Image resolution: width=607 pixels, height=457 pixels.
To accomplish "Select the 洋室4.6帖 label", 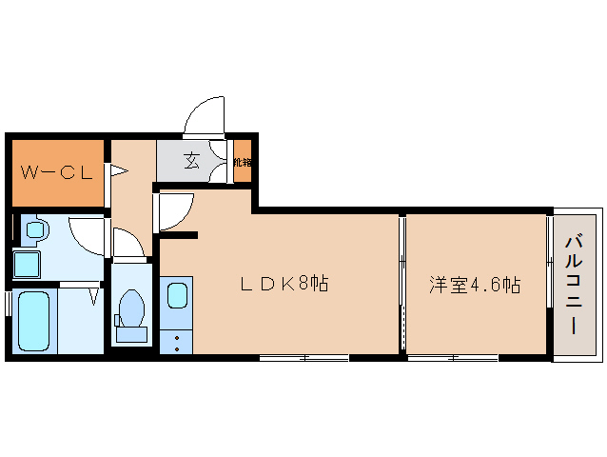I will pos(474,284).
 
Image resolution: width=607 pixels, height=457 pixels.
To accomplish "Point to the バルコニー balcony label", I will pos(573,284).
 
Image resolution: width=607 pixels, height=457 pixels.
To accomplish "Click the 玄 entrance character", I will pos(192,161).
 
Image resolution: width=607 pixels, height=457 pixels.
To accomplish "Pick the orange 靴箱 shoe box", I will pos(242,162).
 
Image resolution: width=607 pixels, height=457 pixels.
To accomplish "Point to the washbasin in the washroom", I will pos(35,230).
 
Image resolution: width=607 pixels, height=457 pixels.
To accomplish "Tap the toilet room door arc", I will pos(127,242).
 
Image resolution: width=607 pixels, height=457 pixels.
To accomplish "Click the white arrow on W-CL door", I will pos(118,171).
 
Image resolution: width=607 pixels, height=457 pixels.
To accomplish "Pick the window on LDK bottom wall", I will pos(304,358).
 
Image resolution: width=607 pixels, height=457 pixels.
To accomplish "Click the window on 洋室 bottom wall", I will pos(453,358).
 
